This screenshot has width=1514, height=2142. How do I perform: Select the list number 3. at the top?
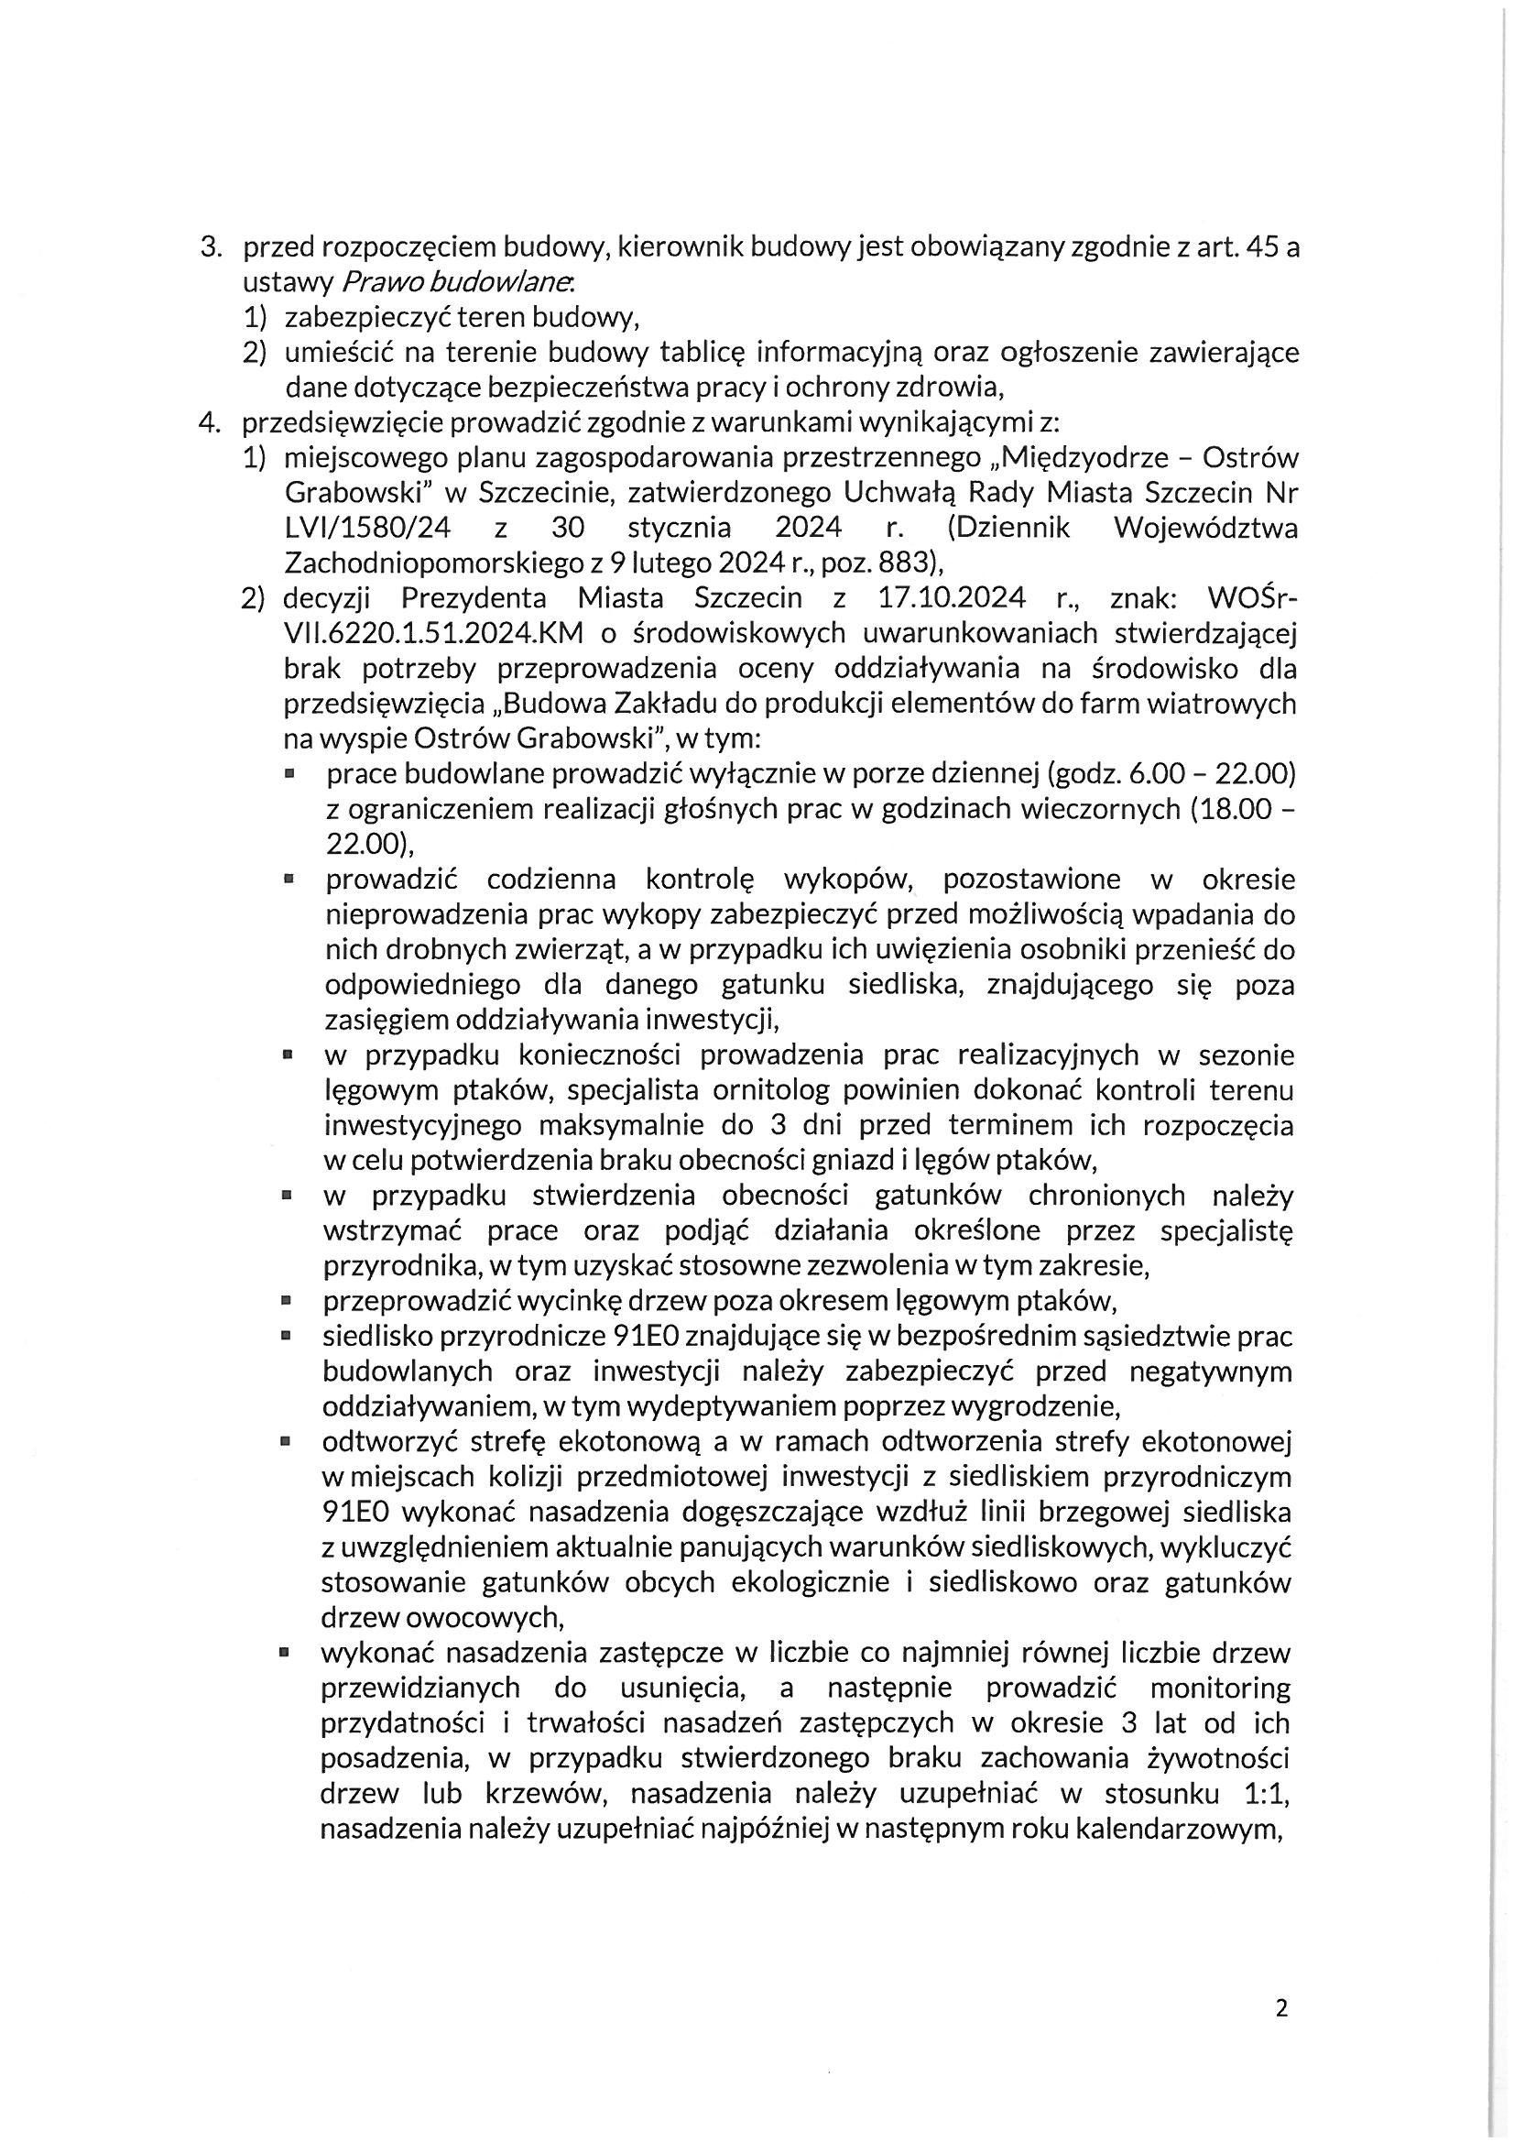pos(211,249)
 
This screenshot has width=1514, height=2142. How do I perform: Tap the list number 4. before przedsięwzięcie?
pos(210,423)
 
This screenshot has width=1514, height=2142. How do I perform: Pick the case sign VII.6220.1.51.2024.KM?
pos(434,633)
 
